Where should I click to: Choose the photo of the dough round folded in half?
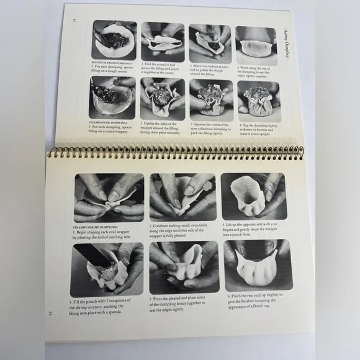(x=162, y=41)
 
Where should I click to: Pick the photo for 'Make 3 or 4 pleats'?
(x=210, y=43)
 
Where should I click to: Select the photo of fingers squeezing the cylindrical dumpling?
(x=210, y=100)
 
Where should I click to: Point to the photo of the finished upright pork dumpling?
(x=258, y=101)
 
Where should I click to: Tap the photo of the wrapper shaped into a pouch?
(x=253, y=197)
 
